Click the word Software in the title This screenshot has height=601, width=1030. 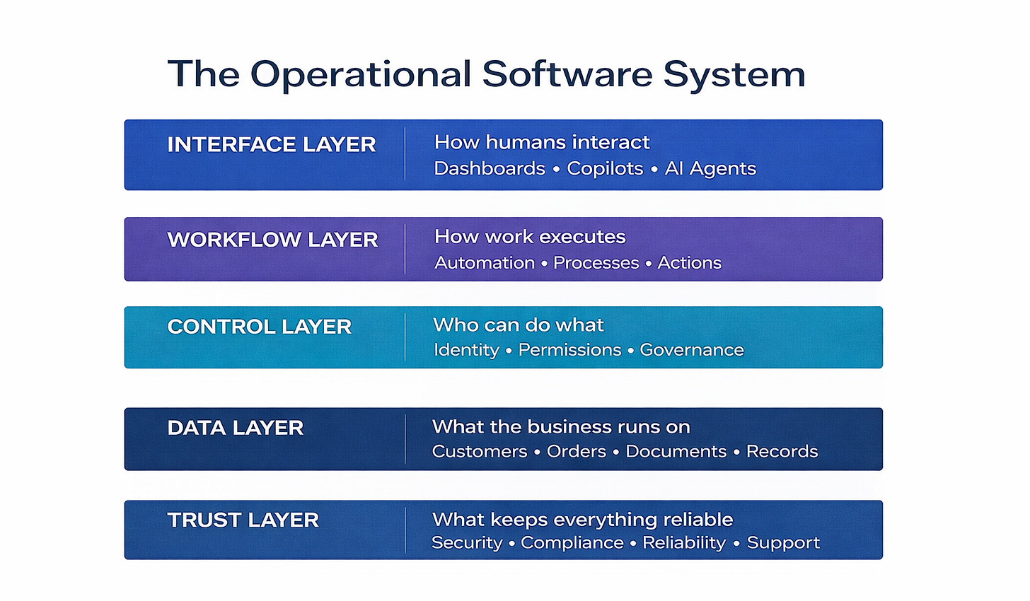566,74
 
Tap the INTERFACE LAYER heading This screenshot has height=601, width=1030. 271,145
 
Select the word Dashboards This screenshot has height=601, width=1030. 490,169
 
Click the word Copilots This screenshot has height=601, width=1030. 605,169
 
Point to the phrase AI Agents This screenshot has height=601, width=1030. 710,169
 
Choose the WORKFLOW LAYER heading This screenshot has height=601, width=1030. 272,240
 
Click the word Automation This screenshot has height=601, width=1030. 485,263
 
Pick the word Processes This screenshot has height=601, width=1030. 596,263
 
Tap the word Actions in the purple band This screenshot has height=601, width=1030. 689,263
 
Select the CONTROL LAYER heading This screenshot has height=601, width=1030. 259,327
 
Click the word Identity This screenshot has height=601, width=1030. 466,350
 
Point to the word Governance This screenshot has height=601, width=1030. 691,350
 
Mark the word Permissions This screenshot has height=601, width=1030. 569,350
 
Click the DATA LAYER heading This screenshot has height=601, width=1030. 235,428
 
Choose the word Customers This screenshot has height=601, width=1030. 480,452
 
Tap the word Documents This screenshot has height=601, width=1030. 676,452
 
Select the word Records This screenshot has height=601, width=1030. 782,452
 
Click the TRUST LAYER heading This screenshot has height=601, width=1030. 243,520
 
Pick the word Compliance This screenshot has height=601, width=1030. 572,543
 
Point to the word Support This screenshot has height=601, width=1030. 783,543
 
